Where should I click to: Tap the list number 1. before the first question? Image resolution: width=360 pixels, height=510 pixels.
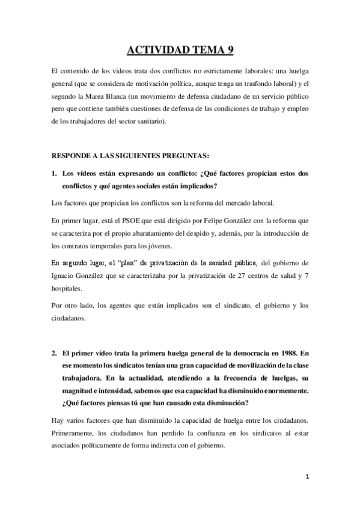point(53,173)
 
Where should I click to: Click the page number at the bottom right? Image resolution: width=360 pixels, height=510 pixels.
point(307,493)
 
